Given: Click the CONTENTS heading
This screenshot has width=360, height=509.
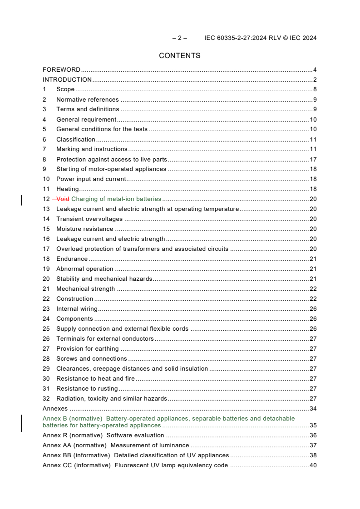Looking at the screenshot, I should pyautogui.click(x=179, y=56).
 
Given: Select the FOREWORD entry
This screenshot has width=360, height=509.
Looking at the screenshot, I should pyautogui.click(x=61, y=69).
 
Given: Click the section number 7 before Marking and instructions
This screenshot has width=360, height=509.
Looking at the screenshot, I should pyautogui.click(x=44, y=149).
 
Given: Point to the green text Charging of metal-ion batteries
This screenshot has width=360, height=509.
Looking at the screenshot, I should pyautogui.click(x=116, y=199).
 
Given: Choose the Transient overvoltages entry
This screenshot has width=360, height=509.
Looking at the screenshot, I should pyautogui.click(x=89, y=219).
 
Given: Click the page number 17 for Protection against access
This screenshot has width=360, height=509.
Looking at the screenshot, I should pyautogui.click(x=313, y=159).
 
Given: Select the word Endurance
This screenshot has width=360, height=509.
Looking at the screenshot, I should pyautogui.click(x=72, y=259).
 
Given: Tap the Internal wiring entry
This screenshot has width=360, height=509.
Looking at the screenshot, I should pyautogui.click(x=77, y=309).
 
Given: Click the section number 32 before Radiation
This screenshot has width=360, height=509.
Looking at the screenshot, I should pyautogui.click(x=46, y=399).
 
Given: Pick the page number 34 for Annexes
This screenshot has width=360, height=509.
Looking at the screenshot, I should pyautogui.click(x=313, y=409).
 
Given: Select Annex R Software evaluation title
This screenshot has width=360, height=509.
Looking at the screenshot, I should pyautogui.click(x=135, y=436).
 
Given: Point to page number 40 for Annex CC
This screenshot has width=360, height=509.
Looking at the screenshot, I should pyautogui.click(x=313, y=465).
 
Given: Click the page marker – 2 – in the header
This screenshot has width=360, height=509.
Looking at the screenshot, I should pyautogui.click(x=180, y=38).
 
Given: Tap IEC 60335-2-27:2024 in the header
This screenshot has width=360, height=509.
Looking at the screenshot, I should pyautogui.click(x=234, y=38).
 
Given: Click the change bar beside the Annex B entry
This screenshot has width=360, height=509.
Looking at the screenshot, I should pyautogui.click(x=22, y=422).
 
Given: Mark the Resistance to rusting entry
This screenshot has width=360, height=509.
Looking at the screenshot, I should pyautogui.click(x=87, y=389).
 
